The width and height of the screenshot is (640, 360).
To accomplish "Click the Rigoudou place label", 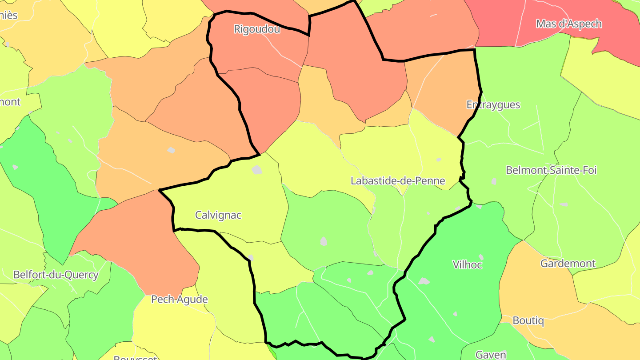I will point(257,29).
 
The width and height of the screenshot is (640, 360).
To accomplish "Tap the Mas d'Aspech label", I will point(569,24).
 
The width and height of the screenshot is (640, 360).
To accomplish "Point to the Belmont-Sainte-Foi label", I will point(551,170).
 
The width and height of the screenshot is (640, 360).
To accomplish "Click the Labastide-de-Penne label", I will point(398,181).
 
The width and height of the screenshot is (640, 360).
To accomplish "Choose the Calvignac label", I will point(218,215).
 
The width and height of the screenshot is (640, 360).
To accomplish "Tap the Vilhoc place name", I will point(467,264).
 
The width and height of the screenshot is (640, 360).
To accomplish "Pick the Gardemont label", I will point(568,263).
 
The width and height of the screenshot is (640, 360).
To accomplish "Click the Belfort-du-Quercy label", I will point(56,274).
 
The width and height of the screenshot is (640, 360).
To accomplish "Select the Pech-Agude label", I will point(180,299).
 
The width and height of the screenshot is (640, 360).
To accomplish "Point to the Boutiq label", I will point(528,320).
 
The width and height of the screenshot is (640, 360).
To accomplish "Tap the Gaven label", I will point(491,354).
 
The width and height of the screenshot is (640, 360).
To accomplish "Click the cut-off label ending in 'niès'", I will point(8,15).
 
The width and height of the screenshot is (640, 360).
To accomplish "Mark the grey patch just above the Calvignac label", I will point(257,169).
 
